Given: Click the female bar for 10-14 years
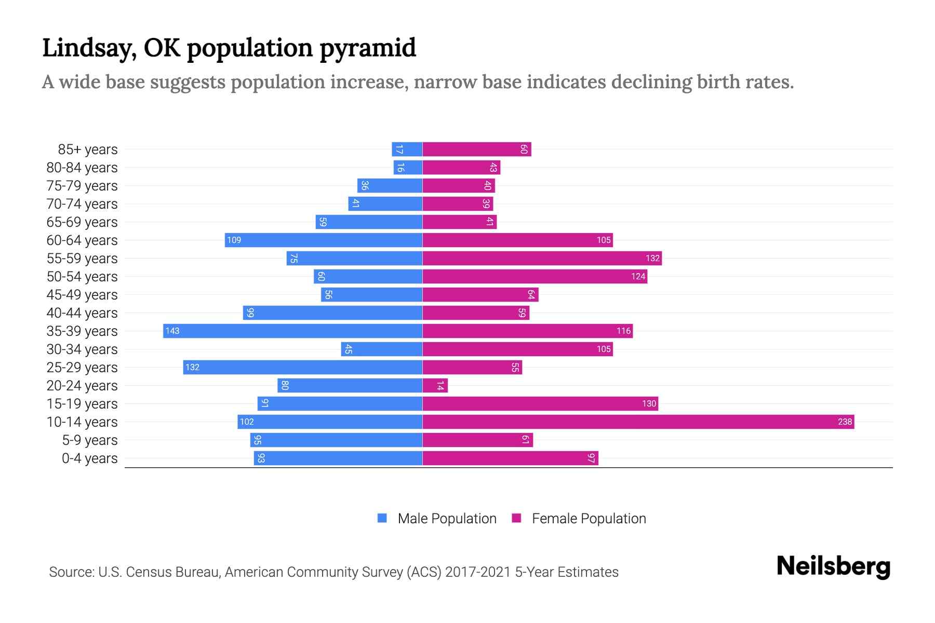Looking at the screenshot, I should (638, 422).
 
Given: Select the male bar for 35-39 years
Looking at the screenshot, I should (292, 331).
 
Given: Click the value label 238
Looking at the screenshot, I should (845, 422).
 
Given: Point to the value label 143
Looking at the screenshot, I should (172, 331).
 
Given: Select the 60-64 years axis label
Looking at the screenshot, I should (82, 240).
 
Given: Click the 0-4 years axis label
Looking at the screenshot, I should (89, 458).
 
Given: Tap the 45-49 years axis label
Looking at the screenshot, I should (82, 295).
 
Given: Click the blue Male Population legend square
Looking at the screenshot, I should (382, 518).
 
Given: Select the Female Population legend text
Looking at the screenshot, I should (589, 518).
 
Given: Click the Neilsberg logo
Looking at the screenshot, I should (833, 566).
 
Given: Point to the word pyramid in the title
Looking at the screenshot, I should (367, 48).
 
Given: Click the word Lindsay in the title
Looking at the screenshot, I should (89, 48).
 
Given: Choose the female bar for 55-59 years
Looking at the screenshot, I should (542, 258).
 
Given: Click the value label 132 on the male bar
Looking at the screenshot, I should (192, 367).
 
